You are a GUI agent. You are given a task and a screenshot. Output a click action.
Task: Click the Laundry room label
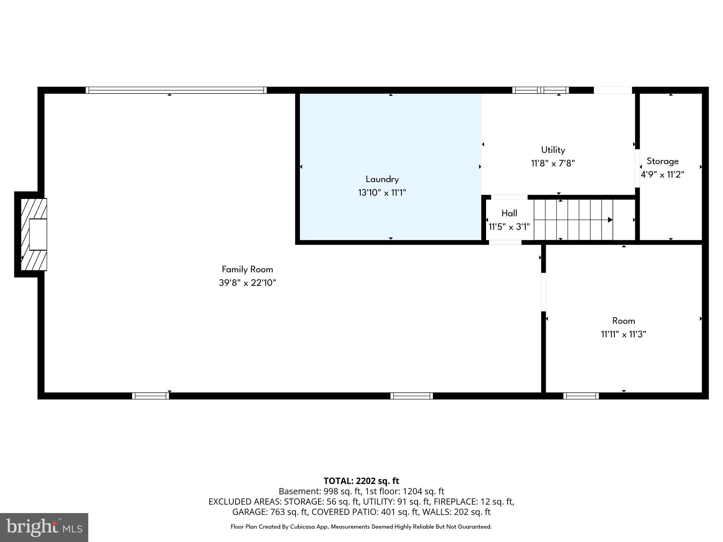tap(382, 179)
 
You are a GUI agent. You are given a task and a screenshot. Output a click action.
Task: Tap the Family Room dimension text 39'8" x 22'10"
tap(247, 283)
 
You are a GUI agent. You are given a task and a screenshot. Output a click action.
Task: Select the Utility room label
tap(553, 150)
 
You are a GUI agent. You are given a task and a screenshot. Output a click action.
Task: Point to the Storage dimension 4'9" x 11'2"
tap(662, 175)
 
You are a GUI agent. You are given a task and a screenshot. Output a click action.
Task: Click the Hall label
tap(509, 213)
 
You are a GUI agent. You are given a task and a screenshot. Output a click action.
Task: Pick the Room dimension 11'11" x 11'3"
tap(623, 334)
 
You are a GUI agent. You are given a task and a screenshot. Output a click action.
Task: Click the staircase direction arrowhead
tap(610, 220)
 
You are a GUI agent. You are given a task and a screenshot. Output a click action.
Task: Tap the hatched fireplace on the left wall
tap(34, 234)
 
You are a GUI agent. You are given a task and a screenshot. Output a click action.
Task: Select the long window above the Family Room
tap(176, 90)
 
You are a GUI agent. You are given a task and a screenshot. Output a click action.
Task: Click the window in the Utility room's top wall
tap(540, 90)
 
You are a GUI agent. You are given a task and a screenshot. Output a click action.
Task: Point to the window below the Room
tap(581, 396)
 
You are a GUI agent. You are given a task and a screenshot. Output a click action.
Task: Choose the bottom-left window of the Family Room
tap(150, 396)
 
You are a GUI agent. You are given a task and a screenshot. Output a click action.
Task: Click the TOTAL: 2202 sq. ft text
tap(361, 481)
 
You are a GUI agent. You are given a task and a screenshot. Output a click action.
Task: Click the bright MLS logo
tap(44, 527)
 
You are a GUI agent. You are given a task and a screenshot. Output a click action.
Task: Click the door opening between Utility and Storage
tap(637, 168)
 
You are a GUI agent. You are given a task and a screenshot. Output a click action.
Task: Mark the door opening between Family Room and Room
tap(543, 292)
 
